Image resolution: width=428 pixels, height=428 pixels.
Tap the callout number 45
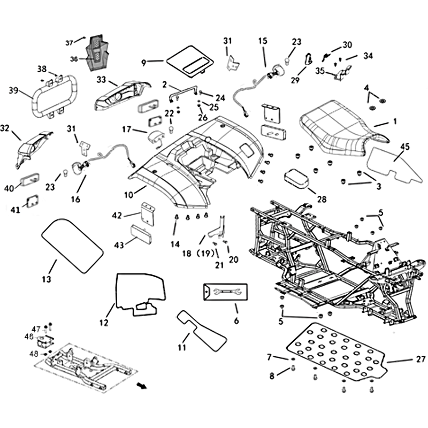pos(404,146)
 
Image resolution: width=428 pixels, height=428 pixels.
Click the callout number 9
pos(143,62)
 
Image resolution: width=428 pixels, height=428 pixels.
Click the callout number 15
pos(263,41)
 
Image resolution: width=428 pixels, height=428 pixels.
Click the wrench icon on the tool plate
pos(224,292)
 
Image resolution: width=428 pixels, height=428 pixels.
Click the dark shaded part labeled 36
pos(97,52)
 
